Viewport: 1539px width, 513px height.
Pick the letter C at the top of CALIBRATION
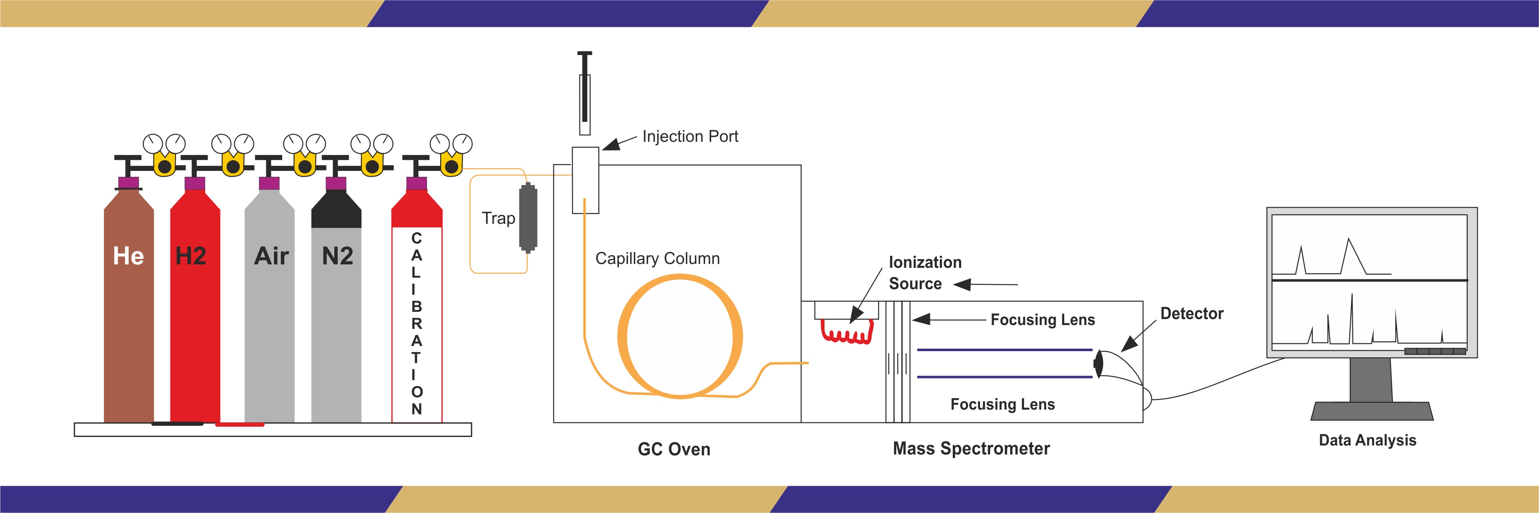[416, 238]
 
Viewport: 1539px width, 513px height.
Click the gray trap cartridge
[528, 218]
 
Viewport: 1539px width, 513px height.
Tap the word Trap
[498, 219]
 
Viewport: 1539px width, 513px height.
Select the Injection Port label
[690, 137]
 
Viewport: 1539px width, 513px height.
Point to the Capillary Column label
[657, 258]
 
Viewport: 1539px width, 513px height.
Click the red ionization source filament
[847, 333]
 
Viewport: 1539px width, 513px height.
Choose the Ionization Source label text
[924, 273]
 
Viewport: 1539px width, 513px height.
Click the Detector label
[1191, 314]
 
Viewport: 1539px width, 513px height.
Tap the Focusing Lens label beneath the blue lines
[1003, 405]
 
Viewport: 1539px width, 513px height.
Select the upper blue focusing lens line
[1003, 349]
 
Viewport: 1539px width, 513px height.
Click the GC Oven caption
[674, 449]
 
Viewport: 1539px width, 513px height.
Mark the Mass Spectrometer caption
[971, 449]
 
